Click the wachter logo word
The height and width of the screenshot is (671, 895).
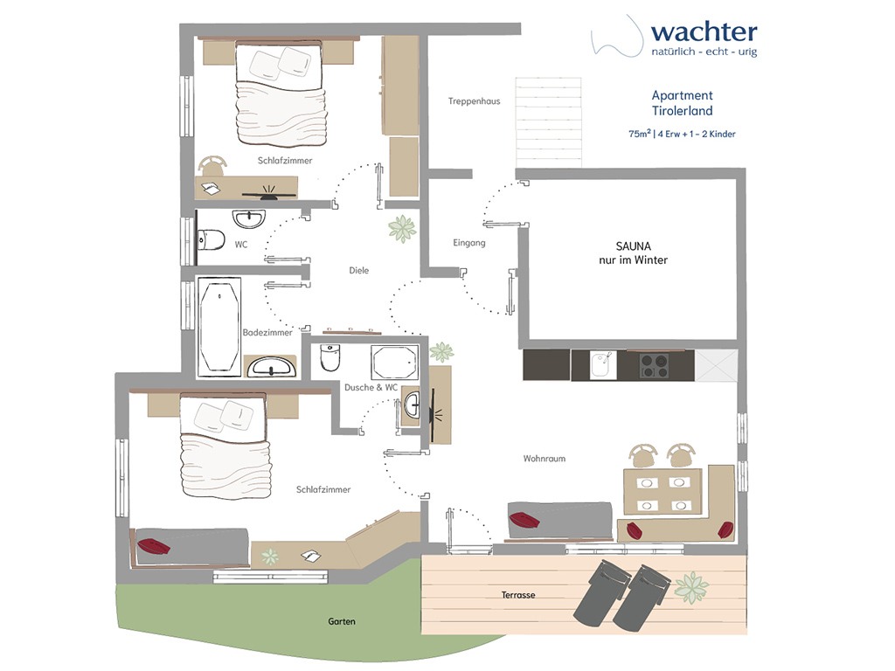point(704,32)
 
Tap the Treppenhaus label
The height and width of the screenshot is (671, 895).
point(474,101)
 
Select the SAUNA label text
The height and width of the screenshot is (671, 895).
point(633,246)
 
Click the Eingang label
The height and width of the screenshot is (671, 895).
point(469,243)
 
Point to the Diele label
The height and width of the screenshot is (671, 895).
point(359,271)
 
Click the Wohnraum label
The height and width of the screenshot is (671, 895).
point(545,459)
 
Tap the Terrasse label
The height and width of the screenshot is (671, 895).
point(518,595)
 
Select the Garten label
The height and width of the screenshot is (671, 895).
point(342,622)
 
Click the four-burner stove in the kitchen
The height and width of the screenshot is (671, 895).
point(654,366)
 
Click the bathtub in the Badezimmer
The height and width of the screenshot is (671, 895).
point(219,327)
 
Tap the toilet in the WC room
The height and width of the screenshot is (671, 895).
point(211,240)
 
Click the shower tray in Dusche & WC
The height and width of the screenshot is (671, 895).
point(394,363)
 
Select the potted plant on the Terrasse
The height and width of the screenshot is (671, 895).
point(691,587)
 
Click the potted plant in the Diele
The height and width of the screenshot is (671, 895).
point(402,228)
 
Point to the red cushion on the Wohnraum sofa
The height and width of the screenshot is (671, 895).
point(524,520)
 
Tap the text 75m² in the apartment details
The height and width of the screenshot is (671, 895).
point(639,134)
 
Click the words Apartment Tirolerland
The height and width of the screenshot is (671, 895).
point(682,103)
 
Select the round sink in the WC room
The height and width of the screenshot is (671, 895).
point(249,219)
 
